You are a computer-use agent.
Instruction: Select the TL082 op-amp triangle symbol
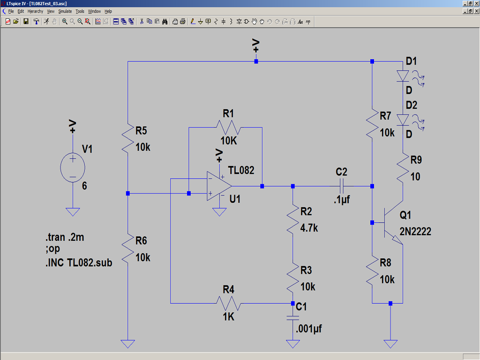click(219, 186)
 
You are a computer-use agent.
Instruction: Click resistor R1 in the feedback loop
click(228, 127)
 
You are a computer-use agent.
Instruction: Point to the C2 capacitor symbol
click(342, 186)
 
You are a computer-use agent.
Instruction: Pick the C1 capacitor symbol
click(292, 318)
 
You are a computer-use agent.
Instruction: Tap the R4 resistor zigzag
click(228, 303)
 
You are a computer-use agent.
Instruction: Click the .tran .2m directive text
click(65, 237)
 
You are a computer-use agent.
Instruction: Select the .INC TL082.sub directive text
click(79, 262)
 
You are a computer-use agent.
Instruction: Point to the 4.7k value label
click(309, 228)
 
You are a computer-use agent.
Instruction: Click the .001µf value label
click(309, 329)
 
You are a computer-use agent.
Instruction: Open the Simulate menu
click(65, 11)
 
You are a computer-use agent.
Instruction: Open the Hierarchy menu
click(35, 11)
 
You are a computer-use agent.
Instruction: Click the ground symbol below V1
click(73, 212)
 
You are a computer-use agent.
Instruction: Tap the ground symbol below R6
click(127, 344)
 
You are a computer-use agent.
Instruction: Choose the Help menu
click(108, 11)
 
